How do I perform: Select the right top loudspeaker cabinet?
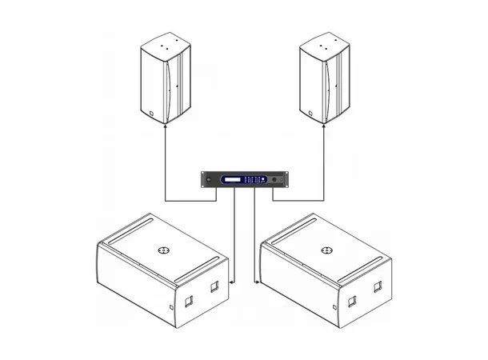point(324,78)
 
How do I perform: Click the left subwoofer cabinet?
point(160,268)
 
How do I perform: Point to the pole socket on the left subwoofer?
point(164,250)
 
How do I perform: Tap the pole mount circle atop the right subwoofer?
point(326,250)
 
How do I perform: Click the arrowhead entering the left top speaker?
point(166,127)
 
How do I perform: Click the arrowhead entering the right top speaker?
point(324,127)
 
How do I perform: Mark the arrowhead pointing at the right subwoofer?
point(256,282)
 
